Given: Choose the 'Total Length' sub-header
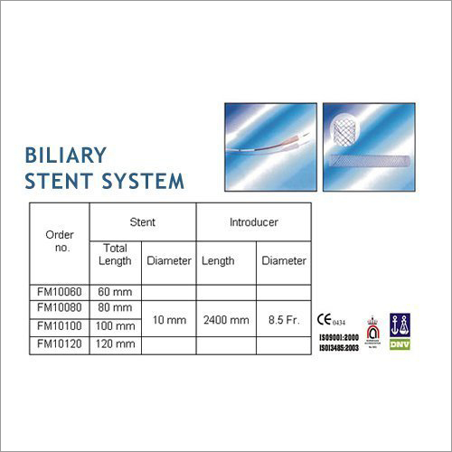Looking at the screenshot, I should pyautogui.click(x=116, y=254).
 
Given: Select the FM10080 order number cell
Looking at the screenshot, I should pyautogui.click(x=60, y=308).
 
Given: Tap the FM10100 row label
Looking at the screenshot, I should pyautogui.click(x=60, y=325).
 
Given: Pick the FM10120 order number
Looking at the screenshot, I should pyautogui.click(x=60, y=343).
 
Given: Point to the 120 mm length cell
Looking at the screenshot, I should pyautogui.click(x=115, y=343).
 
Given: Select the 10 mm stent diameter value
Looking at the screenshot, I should pyautogui.click(x=169, y=319).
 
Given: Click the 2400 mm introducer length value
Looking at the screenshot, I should pyautogui.click(x=226, y=319).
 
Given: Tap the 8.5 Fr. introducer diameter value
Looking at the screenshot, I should pyautogui.click(x=283, y=319).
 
